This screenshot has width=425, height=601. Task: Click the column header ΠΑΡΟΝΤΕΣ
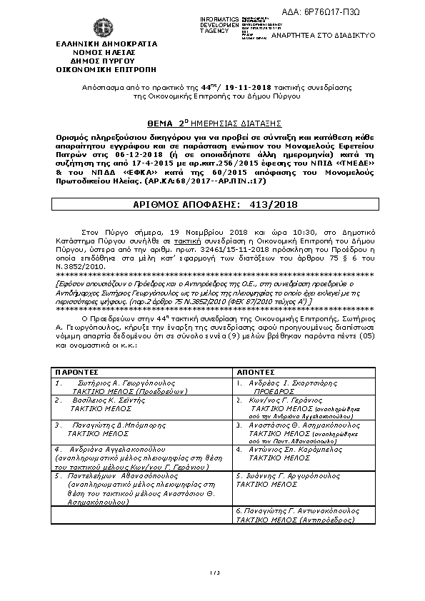point(79,371)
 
